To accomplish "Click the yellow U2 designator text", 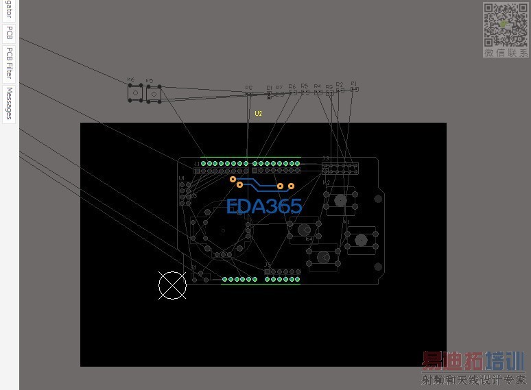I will tap(259, 113).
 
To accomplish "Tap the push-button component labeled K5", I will tap(153, 93).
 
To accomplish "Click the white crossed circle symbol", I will tap(172, 285).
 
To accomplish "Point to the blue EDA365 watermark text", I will tap(264, 206).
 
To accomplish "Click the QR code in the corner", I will tap(505, 25).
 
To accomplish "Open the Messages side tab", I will tap(10, 103).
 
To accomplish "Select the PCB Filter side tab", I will tap(10, 63).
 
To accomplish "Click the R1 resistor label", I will tap(354, 84).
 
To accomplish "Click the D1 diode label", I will tap(270, 88).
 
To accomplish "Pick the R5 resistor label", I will tap(305, 86).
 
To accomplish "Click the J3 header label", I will tap(326, 158).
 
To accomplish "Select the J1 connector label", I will tap(197, 164).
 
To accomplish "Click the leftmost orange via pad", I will tap(233, 179).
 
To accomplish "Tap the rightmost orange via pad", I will tap(291, 186).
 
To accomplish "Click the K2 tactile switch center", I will tap(340, 200).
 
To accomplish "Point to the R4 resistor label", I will tap(317, 86).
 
